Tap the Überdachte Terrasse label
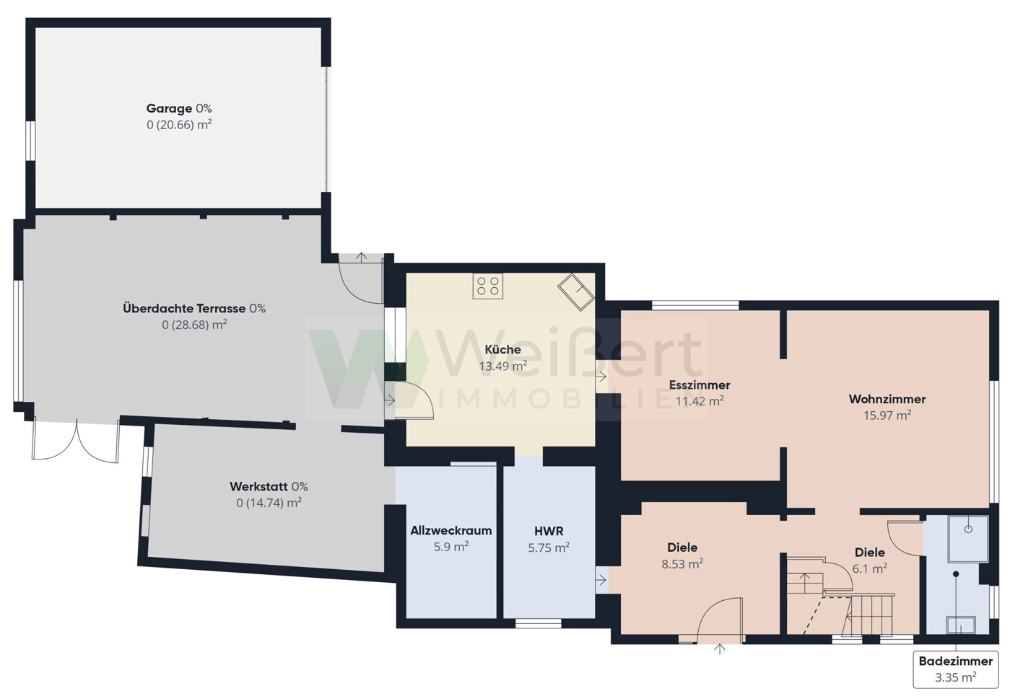[184, 309]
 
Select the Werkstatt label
[258, 486]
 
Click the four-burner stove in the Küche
[488, 286]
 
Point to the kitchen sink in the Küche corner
[576, 292]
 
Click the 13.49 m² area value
[502, 366]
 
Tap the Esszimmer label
[700, 385]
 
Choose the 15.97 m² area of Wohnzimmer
[887, 415]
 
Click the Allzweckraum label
[451, 530]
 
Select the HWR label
[549, 531]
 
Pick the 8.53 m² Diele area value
[682, 564]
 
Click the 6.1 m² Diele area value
[870, 568]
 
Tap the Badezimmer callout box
[956, 669]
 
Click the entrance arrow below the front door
[720, 649]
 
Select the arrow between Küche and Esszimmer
[601, 376]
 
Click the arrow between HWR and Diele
[601, 581]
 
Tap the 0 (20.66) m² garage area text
[179, 125]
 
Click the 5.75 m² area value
[549, 548]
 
